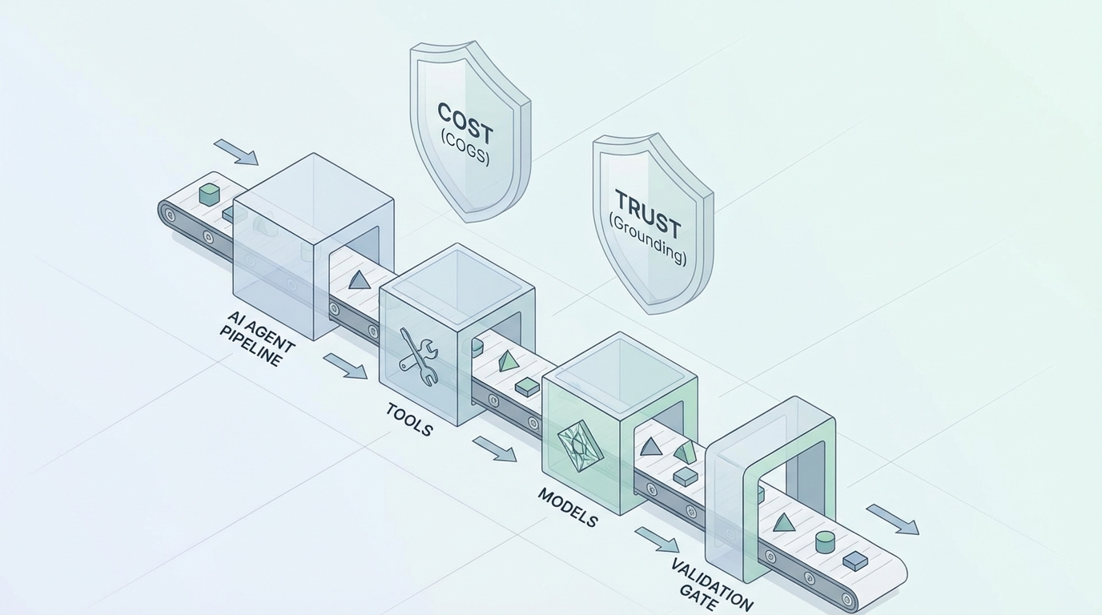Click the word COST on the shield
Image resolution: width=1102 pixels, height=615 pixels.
(465, 123)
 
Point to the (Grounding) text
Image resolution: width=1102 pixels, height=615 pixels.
(647, 239)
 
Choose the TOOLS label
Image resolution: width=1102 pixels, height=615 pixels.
(409, 420)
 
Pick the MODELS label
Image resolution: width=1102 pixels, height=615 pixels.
(567, 507)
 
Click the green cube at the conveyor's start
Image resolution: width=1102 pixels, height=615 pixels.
(209, 194)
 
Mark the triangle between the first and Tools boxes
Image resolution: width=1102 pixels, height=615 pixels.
(359, 279)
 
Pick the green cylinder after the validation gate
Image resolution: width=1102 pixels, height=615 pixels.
(825, 542)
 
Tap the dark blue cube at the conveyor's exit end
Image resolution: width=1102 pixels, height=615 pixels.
(855, 561)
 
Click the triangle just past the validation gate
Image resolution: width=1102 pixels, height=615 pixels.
(783, 523)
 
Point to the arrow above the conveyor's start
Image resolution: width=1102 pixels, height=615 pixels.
(236, 152)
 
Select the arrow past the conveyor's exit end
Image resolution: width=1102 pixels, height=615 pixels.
(892, 519)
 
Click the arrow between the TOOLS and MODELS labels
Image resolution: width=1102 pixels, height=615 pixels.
(494, 448)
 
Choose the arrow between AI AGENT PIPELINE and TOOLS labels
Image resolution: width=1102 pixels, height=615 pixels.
(345, 366)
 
